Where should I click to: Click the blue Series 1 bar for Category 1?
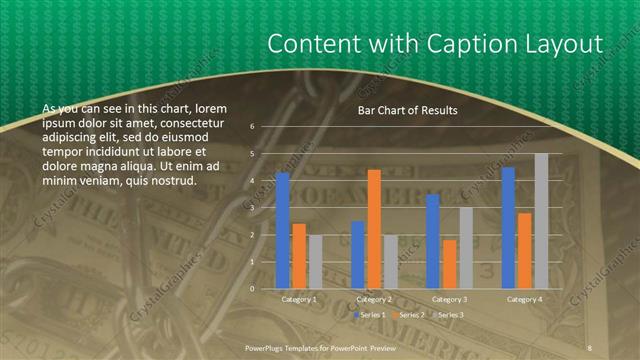(283, 230)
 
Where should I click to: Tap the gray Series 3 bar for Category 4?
(541, 221)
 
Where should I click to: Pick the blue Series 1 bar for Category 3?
(432, 241)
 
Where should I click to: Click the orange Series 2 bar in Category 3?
(449, 264)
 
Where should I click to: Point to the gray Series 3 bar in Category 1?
(316, 262)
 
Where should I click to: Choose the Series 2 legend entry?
(408, 315)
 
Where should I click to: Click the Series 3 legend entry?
(449, 315)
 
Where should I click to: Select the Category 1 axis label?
(299, 299)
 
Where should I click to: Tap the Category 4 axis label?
(524, 299)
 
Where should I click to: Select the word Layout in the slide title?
(566, 45)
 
